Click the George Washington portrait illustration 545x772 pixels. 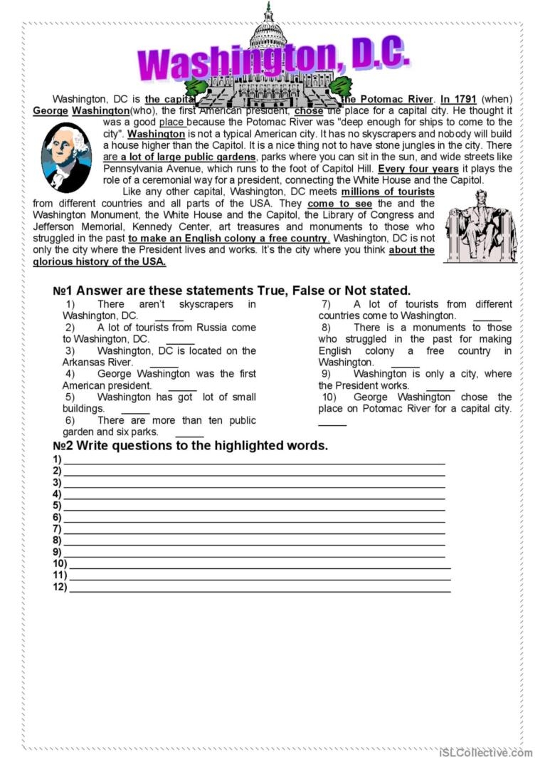click(67, 157)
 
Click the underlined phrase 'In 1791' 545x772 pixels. click(458, 99)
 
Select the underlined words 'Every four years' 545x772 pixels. click(418, 169)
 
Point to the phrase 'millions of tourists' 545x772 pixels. click(388, 192)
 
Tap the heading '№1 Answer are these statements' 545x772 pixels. click(232, 291)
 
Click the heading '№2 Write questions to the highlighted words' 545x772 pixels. click(191, 446)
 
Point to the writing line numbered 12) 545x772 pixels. click(260, 588)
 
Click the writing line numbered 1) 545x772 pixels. click(254, 461)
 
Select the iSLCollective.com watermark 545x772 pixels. click(485, 752)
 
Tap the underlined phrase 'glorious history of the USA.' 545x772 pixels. click(100, 261)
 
